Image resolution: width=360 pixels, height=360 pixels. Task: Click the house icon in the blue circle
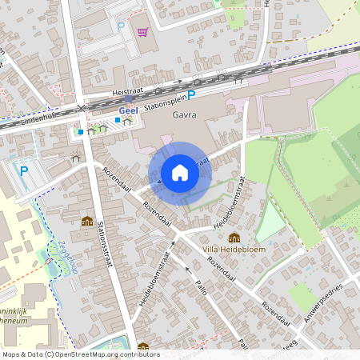tap(180, 172)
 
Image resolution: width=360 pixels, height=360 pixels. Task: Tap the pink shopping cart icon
tap(142, 32)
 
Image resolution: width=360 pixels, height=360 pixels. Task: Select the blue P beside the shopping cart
tap(122, 26)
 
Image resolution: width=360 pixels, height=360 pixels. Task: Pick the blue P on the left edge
tap(24, 170)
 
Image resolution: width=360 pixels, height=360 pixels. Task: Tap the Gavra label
tap(184, 115)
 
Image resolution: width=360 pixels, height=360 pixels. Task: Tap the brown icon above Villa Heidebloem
tap(234, 238)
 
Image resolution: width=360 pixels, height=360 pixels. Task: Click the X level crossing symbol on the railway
tap(82, 107)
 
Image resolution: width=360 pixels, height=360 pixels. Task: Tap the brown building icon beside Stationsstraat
tap(86, 221)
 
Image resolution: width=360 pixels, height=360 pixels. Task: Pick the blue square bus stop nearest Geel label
tap(118, 120)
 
